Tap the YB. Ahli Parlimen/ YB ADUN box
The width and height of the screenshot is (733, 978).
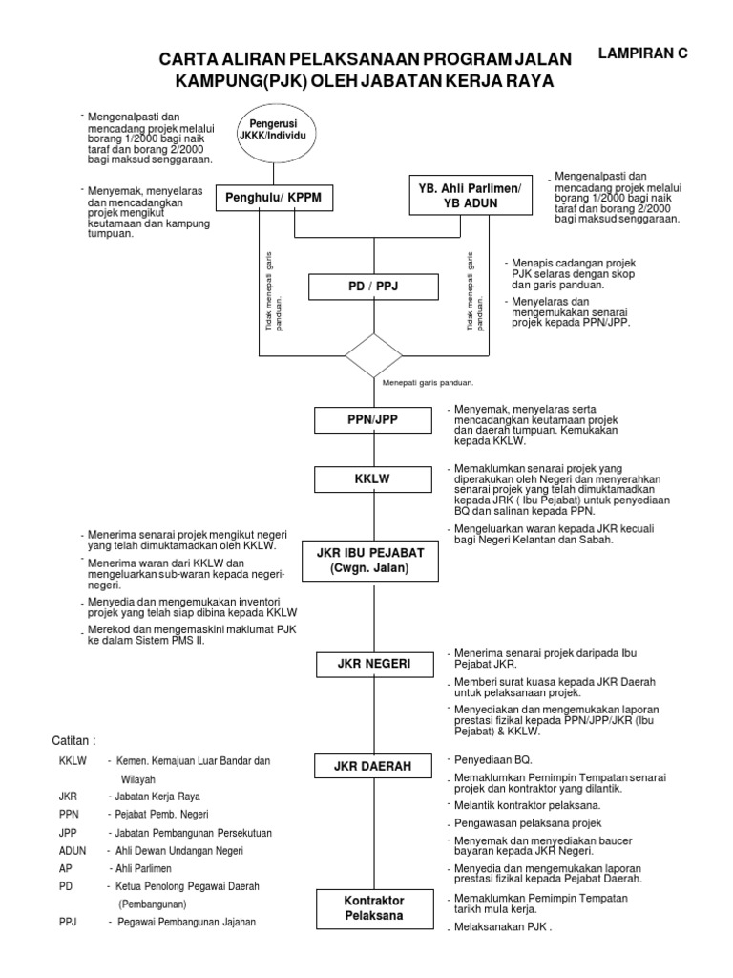(x=466, y=195)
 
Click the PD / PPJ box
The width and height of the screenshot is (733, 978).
(x=374, y=287)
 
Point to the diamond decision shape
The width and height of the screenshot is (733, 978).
(x=374, y=354)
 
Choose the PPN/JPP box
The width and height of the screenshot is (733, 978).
(x=374, y=419)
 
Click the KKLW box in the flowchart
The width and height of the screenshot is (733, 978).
(x=374, y=478)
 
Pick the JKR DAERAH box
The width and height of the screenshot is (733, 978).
(x=374, y=766)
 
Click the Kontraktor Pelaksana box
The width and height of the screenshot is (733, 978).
(x=374, y=907)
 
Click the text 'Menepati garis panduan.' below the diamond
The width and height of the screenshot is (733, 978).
(x=428, y=382)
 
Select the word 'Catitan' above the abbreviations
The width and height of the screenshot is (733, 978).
(x=73, y=739)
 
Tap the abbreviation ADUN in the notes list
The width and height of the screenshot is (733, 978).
(x=73, y=850)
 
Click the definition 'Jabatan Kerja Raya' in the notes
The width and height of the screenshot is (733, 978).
(x=155, y=796)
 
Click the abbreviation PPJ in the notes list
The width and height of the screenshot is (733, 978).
(x=68, y=922)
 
